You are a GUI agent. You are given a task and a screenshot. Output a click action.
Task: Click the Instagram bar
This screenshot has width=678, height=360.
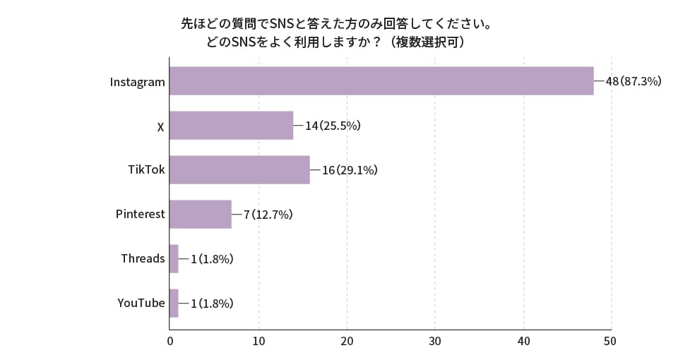(x=381, y=81)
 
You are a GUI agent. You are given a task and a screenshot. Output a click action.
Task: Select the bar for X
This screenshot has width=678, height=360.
(x=231, y=126)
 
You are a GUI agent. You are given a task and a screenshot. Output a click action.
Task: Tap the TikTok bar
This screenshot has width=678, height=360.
(x=239, y=169)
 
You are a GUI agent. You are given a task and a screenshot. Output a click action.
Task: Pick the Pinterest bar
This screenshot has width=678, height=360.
(x=201, y=214)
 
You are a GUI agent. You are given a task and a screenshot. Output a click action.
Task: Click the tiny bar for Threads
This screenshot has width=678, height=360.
(x=174, y=258)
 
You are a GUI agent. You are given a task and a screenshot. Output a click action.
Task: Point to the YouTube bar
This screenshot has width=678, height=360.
(x=174, y=303)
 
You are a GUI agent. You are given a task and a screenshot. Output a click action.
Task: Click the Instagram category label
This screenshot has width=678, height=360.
(x=137, y=82)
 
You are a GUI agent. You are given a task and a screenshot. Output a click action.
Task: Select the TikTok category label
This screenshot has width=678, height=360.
(x=146, y=169)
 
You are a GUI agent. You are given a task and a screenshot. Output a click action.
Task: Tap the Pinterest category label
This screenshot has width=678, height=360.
(x=140, y=214)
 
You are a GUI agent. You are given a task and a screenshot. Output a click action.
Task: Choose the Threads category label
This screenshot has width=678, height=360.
(x=143, y=258)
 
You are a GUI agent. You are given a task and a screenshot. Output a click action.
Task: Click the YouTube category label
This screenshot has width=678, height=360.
(x=141, y=303)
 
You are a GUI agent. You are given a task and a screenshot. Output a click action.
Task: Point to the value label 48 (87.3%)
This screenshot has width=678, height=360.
(x=633, y=81)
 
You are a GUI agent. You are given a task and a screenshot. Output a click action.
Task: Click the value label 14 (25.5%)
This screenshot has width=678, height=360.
(x=333, y=126)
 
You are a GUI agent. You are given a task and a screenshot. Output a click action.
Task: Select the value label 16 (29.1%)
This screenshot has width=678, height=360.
(x=350, y=170)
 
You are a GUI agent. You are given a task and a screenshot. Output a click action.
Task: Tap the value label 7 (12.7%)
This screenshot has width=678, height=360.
(x=268, y=215)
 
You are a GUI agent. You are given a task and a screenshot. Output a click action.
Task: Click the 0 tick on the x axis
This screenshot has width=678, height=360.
(x=170, y=341)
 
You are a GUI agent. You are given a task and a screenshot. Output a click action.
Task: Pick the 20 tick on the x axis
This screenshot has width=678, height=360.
(x=347, y=341)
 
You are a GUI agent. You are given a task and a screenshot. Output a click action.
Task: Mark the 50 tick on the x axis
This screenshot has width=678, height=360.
(x=611, y=341)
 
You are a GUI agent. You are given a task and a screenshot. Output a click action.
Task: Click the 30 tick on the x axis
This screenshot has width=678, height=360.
(x=435, y=341)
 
